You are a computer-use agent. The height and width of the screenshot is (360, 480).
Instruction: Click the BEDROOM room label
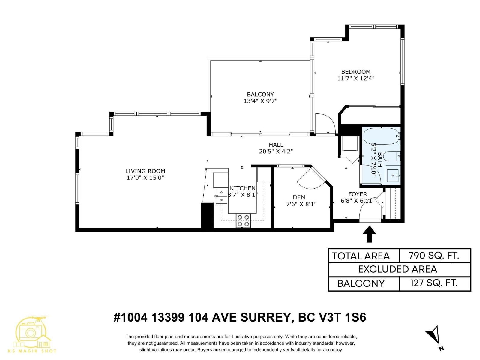coord(355,72)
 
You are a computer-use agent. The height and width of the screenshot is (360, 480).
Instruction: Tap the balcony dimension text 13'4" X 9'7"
coord(260,101)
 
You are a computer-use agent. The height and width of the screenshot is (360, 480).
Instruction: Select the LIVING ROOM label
coord(145,171)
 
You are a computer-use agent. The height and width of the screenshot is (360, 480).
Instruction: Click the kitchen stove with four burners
coord(243,220)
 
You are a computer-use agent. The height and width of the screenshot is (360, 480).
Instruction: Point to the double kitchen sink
coord(221,196)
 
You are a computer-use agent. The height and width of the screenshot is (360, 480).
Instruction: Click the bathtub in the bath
coord(381,136)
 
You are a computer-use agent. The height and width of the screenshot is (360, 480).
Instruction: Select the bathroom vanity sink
coord(393,175)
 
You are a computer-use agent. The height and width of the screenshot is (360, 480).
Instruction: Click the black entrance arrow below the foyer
coord(369,233)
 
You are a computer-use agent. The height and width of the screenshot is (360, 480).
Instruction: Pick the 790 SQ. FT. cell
coord(434,256)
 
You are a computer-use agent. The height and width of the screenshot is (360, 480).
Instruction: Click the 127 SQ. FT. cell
coord(434,283)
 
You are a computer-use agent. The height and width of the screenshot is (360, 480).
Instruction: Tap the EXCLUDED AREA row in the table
coord(397,269)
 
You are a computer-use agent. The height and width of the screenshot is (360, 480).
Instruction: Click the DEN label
coord(299,197)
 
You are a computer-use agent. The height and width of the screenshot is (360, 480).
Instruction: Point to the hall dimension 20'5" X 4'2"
coord(276,151)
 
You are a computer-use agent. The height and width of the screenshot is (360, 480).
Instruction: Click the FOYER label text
coord(358,194)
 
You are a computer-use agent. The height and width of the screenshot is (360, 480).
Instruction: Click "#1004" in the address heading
coord(130,317)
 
